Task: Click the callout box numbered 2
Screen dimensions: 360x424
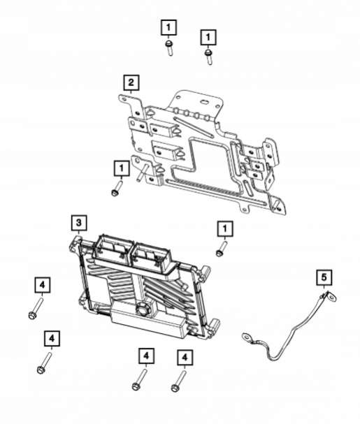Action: (131, 82)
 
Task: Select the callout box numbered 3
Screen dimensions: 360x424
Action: (79, 223)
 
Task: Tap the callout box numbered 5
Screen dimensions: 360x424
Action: (324, 277)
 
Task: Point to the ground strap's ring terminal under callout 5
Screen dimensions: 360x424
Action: (331, 297)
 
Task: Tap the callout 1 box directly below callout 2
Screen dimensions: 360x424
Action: (122, 168)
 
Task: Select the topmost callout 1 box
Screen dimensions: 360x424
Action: (168, 27)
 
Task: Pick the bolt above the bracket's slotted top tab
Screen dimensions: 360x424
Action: (208, 57)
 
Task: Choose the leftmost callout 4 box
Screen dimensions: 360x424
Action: (43, 285)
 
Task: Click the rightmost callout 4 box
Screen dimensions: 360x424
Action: (185, 358)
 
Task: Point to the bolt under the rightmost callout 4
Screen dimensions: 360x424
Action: (179, 381)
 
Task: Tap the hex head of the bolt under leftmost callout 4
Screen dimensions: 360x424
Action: (32, 315)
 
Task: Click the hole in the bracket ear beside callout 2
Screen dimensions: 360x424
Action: (124, 99)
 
